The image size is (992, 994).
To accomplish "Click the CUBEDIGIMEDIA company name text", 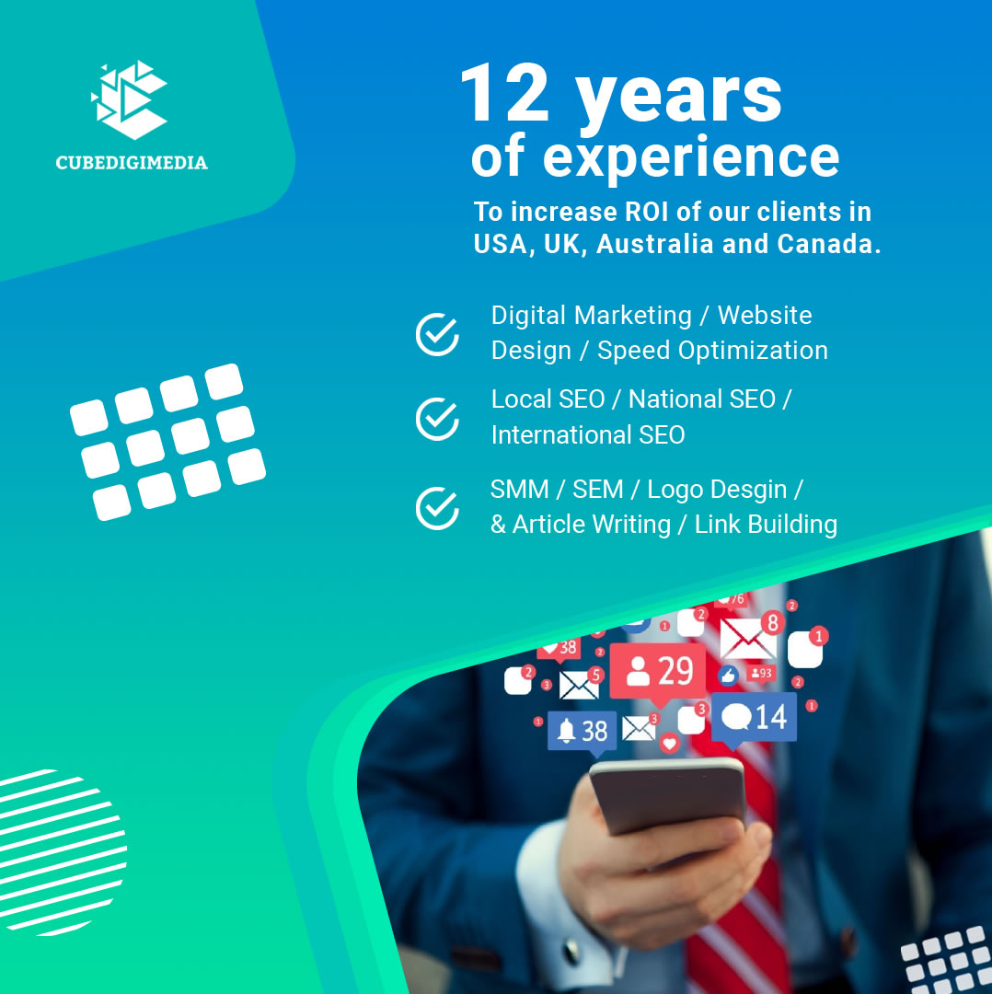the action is tap(132, 162).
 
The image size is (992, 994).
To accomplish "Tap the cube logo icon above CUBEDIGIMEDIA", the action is tap(130, 99).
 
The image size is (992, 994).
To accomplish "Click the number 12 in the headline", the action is tap(504, 93).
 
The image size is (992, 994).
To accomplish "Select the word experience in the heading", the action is tap(691, 158).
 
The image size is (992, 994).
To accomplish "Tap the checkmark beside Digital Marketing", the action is tap(437, 333).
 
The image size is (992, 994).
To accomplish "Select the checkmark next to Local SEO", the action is tap(437, 419).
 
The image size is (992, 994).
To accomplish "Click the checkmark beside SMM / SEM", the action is tap(437, 508).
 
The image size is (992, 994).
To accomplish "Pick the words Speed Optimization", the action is tap(712, 351).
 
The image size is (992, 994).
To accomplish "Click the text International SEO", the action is tap(588, 434).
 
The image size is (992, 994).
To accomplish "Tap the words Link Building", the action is tap(766, 525).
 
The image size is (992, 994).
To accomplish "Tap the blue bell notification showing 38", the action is tap(582, 734).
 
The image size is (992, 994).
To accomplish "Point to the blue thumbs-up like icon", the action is tap(728, 676).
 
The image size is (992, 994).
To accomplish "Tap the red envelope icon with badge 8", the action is tap(749, 637).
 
